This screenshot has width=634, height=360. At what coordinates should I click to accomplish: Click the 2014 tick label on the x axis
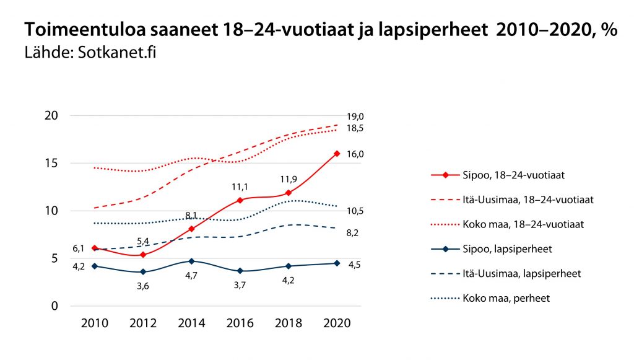point(191,323)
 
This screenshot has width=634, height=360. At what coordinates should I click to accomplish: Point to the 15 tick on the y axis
point(51,164)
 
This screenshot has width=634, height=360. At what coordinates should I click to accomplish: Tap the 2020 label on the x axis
point(337,323)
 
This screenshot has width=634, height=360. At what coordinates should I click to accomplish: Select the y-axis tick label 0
point(54,306)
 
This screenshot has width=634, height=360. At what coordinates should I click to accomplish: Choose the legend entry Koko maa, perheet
point(506,298)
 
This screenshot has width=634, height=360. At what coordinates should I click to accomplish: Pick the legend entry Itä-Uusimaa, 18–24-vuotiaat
point(527,200)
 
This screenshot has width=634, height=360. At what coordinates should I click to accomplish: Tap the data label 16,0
point(355,154)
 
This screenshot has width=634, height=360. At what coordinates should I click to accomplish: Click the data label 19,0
point(355,116)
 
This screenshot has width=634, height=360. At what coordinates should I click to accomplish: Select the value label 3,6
point(143,286)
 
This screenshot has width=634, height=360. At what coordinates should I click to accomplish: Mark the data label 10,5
point(355,211)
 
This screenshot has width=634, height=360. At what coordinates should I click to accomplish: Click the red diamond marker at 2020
point(337,154)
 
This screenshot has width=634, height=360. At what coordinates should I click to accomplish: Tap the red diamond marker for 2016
point(240,200)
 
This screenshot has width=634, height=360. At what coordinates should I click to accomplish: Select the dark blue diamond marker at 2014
point(191,261)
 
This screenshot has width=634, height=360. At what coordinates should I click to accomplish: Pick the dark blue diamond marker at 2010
point(95,266)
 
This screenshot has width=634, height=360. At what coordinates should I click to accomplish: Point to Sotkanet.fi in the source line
point(118,52)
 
